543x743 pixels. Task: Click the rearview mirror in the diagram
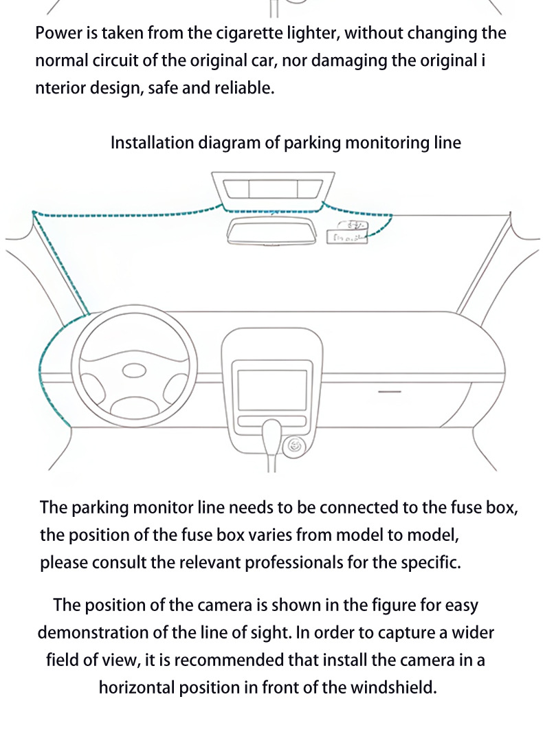click(271, 232)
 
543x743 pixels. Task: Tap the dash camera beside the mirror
click(347, 232)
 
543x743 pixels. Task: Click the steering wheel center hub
click(135, 370)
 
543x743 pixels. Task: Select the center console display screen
click(272, 390)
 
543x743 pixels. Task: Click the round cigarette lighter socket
click(294, 446)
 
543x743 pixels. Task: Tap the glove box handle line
click(390, 392)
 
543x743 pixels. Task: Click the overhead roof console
click(273, 190)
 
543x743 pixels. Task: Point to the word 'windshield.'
click(393, 687)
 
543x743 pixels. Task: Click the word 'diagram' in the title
click(229, 144)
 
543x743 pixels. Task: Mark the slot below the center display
click(272, 421)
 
